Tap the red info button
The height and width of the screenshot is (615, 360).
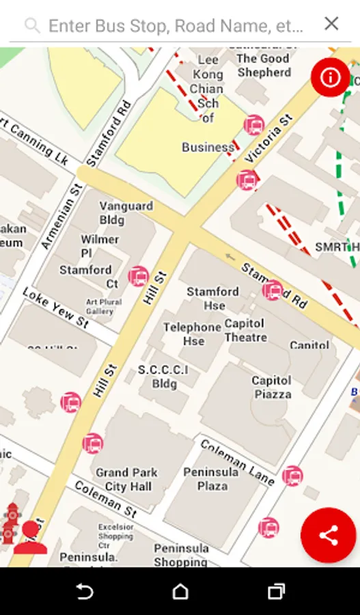tap(331, 77)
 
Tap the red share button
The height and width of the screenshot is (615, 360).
tap(329, 535)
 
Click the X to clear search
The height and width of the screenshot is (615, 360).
tap(331, 24)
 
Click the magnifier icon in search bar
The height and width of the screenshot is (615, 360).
tap(31, 26)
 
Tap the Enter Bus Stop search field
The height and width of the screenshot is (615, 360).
tap(176, 26)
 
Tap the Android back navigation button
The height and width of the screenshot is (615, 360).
tap(84, 591)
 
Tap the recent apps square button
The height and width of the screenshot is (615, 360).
tap(276, 591)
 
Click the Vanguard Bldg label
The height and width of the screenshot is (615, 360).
tap(126, 213)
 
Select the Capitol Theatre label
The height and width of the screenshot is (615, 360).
tap(246, 330)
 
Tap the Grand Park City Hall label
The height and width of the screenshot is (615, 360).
tap(128, 479)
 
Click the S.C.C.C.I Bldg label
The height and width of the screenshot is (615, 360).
tap(163, 377)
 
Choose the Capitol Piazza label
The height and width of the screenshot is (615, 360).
tap(272, 387)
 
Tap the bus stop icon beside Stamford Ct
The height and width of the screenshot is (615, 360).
tap(138, 276)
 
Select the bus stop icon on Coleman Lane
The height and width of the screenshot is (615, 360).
tap(292, 476)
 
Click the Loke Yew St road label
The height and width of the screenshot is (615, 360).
tap(55, 307)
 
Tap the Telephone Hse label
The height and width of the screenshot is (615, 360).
tap(192, 334)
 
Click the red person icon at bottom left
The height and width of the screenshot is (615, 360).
tap(29, 538)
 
